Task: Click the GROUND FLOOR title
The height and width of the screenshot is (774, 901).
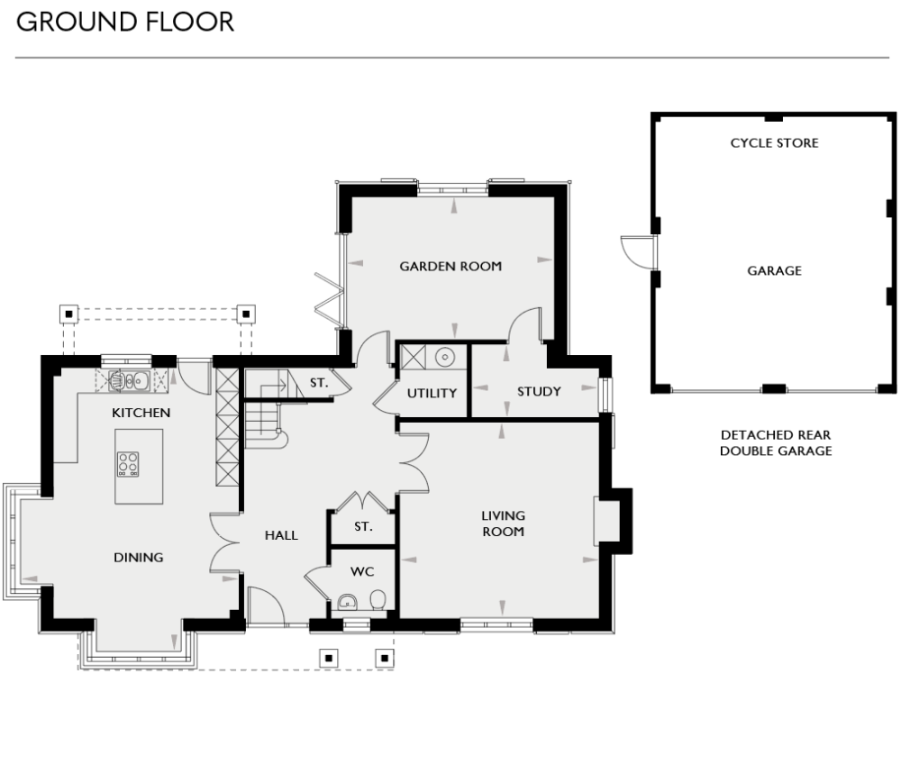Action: (x=124, y=23)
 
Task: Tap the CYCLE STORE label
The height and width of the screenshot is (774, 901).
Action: (x=774, y=143)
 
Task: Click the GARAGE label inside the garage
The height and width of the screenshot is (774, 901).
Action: (x=774, y=270)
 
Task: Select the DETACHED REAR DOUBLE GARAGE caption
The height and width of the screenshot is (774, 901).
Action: (x=775, y=442)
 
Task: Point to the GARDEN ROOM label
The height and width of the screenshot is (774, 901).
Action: (x=450, y=266)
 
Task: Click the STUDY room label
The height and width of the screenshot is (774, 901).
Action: (x=539, y=391)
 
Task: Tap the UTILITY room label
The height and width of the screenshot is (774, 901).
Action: (x=432, y=393)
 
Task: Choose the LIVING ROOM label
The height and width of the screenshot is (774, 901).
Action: (x=503, y=524)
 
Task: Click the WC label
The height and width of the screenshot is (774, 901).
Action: (x=363, y=571)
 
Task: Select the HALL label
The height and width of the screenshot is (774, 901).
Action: (x=281, y=535)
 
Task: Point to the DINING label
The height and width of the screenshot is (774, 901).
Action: (x=139, y=557)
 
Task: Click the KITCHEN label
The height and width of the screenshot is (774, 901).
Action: (x=141, y=413)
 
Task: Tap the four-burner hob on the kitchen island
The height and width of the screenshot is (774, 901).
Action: (x=128, y=463)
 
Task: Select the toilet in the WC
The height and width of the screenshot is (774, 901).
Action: (x=378, y=599)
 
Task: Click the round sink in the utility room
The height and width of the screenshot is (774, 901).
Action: (x=445, y=358)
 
